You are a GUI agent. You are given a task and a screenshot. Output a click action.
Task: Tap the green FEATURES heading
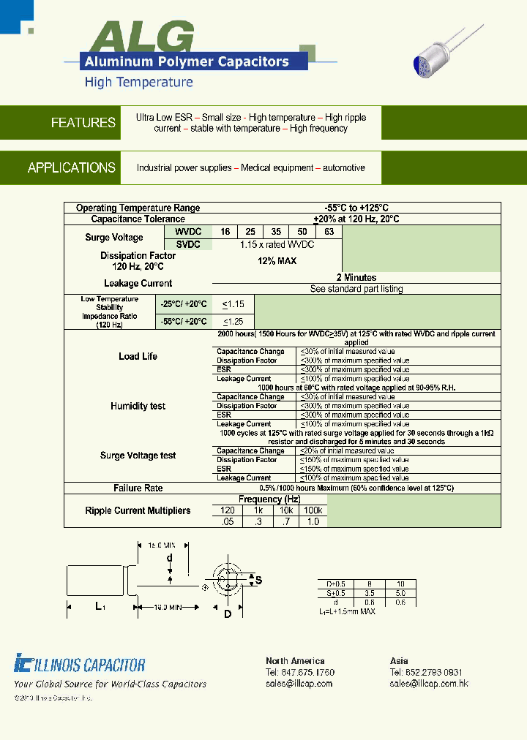83,123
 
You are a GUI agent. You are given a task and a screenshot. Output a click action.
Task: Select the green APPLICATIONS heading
72,167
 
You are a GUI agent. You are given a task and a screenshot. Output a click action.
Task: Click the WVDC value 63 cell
329,232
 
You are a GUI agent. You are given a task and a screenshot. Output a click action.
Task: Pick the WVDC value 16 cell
225,232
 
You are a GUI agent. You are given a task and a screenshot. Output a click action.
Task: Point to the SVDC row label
188,244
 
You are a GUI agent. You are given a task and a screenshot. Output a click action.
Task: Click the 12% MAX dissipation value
277,261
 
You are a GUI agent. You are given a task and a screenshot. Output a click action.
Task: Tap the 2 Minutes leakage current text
356,278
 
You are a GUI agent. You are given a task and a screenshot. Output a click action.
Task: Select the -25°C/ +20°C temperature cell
184,303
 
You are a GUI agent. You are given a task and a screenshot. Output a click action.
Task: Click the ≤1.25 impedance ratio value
233,321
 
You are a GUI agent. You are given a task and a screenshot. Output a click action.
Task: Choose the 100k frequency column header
313,510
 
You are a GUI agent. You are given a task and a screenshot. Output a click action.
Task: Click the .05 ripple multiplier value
227,521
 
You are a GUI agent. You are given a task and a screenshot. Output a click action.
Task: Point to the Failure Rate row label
138,488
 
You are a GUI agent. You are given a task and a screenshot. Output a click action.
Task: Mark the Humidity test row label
138,406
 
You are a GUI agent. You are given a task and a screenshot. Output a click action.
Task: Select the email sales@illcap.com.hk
429,683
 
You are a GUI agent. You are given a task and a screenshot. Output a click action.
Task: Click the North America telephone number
300,672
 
